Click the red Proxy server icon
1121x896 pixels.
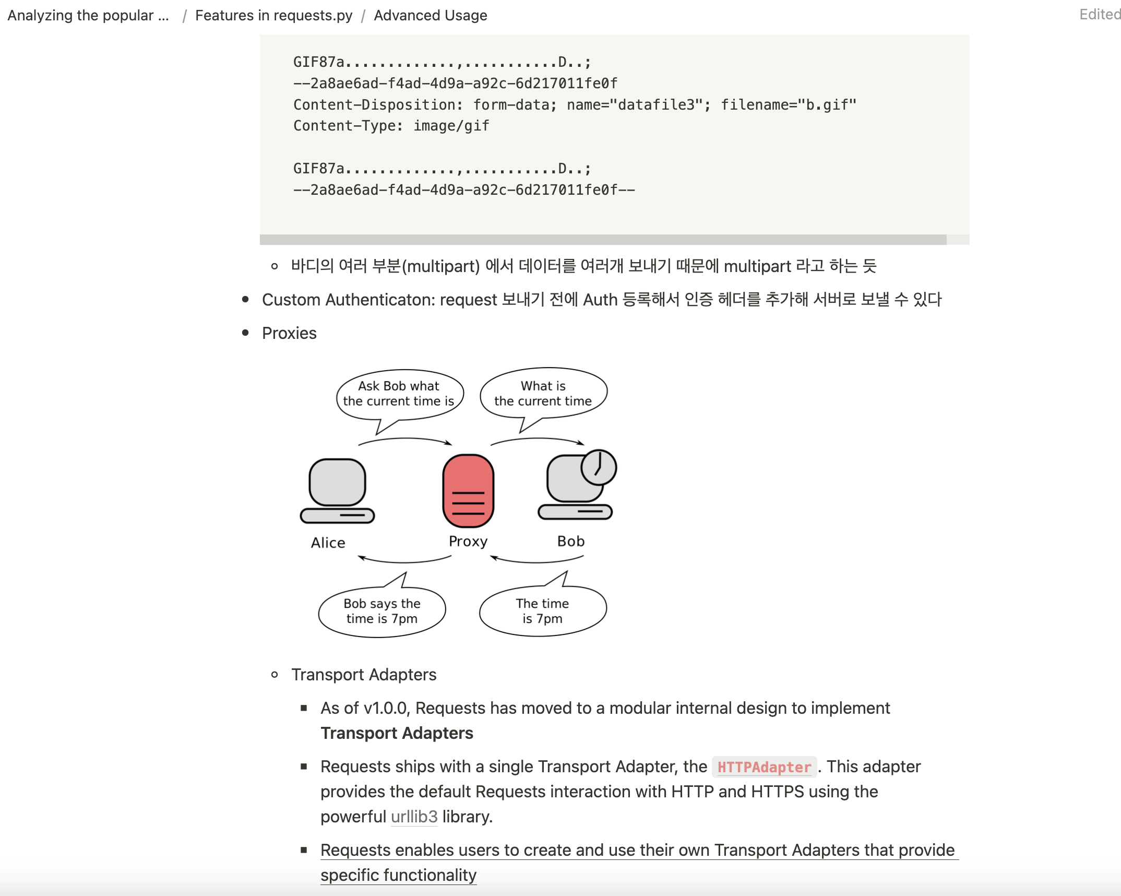468,490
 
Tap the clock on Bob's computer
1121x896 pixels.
599,467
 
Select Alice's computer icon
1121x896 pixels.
338,490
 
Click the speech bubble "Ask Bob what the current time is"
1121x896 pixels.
400,394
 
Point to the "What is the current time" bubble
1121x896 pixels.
543,394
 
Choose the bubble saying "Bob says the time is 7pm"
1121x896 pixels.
382,611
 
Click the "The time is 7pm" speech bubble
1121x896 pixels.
543,611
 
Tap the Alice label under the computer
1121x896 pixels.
328,543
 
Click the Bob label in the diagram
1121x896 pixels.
571,541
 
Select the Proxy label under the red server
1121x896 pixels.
468,541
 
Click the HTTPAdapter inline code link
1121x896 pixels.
764,767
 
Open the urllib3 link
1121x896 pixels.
414,817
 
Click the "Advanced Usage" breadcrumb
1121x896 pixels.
431,16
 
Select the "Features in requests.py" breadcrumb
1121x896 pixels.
273,16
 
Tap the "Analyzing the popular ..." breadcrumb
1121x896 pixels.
88,16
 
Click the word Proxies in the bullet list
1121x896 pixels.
289,333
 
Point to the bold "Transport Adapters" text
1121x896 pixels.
397,733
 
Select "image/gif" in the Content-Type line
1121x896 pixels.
451,126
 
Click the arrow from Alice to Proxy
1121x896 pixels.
405,440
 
